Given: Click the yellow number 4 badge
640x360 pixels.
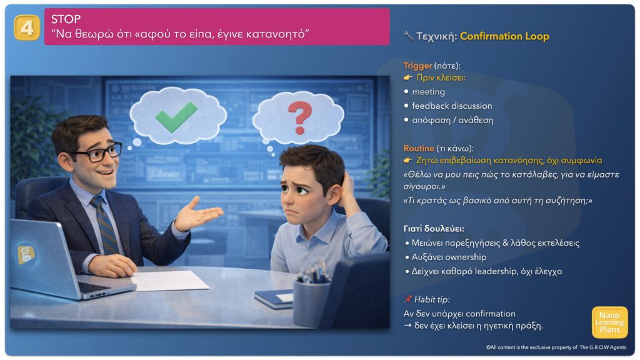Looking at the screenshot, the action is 27,27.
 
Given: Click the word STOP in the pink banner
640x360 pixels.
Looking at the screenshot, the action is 66,19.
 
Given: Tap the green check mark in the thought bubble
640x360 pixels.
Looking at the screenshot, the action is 176,117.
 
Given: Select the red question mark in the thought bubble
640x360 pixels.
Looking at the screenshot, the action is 300,117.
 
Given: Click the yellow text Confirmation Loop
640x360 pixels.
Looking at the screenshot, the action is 504,36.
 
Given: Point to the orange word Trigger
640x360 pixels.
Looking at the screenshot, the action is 417,65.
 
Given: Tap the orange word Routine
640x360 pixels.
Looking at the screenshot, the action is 418,148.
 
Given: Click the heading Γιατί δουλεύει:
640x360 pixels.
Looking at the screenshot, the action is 434,229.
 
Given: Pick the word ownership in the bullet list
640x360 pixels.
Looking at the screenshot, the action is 466,257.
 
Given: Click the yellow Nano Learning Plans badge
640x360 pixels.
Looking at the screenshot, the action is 609,322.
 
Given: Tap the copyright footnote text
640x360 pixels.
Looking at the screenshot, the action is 556,347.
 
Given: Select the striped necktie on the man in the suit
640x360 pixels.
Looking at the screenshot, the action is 104,225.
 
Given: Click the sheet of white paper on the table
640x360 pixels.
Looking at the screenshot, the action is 170,281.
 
